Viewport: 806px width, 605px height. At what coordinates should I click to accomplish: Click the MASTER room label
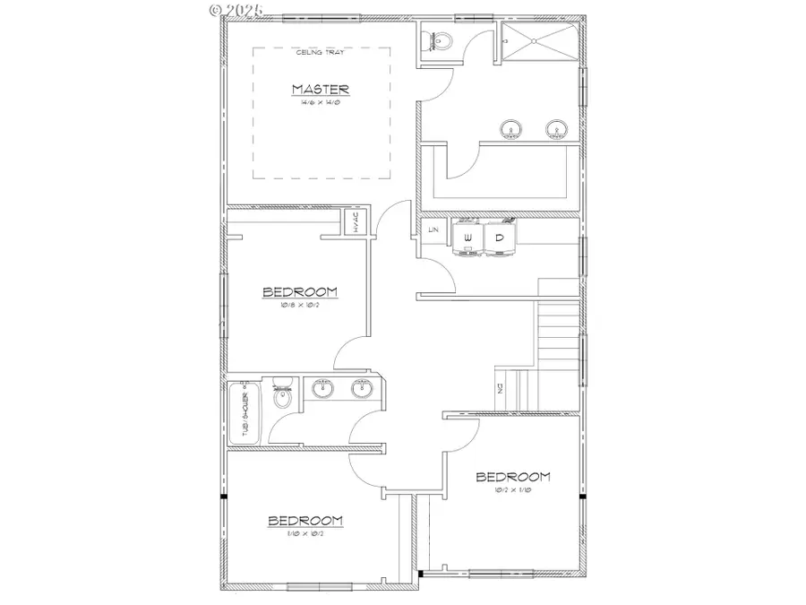pos(320,89)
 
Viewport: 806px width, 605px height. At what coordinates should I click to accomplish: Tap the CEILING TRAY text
pos(320,53)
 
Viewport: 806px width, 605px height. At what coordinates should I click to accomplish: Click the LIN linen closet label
pos(433,230)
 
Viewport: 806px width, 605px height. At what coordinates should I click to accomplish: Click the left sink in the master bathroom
pos(511,129)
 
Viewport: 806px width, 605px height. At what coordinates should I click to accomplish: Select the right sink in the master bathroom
pos(557,129)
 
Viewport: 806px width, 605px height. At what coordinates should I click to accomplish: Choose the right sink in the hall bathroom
pos(362,389)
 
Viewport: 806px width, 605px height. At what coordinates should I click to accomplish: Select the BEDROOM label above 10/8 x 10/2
pos(299,291)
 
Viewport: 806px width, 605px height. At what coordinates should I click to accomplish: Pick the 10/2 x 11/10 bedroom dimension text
pos(512,490)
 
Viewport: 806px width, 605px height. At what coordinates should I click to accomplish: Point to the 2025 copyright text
pos(236,10)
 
